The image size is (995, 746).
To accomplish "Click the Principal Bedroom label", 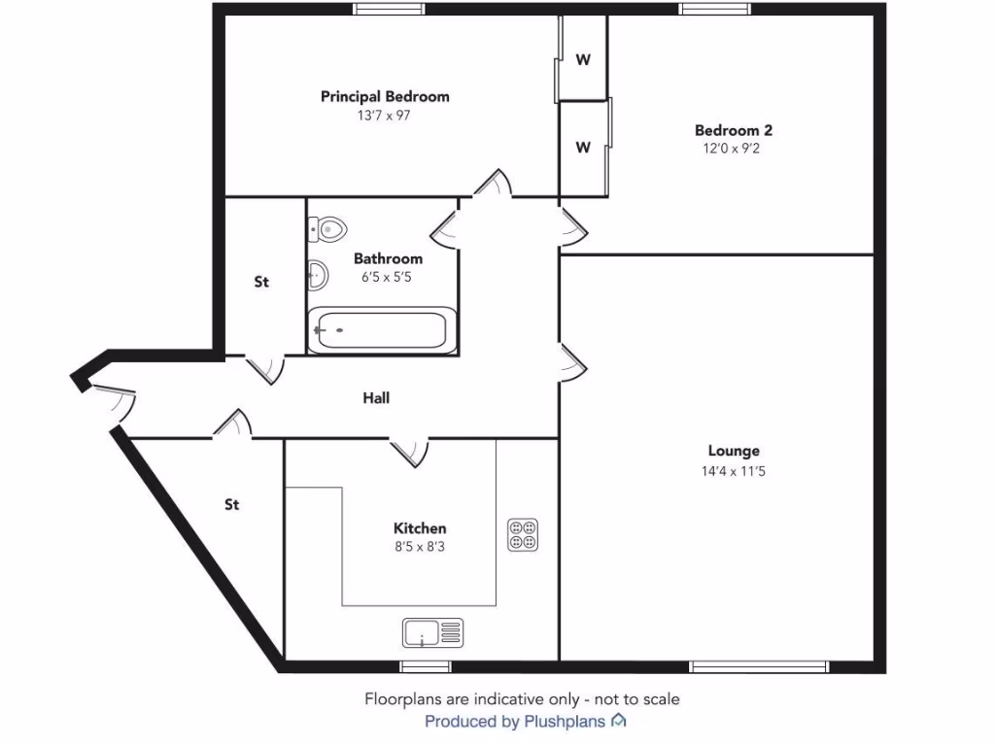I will [385, 96].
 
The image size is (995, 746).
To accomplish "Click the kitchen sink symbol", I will [433, 632].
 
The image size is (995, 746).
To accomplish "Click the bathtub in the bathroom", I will [380, 330].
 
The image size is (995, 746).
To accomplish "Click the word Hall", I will [376, 397].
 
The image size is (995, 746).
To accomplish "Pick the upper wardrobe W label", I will [583, 59].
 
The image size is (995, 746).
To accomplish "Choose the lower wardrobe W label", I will [583, 148].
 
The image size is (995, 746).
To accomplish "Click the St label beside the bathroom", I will [261, 283].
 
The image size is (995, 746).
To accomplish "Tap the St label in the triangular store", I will [232, 504].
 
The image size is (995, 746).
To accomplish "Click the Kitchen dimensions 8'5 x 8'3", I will [420, 547].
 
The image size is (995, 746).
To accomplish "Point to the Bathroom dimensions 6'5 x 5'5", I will [388, 277].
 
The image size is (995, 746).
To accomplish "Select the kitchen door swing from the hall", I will [409, 452].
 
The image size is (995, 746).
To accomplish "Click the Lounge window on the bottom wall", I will [759, 666].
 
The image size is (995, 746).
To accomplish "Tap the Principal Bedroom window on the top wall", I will [389, 10].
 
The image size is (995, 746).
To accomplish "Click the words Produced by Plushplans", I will [515, 722].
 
